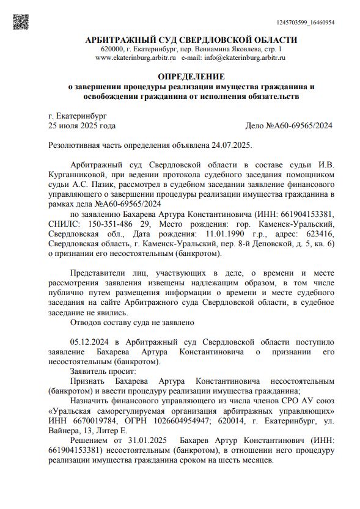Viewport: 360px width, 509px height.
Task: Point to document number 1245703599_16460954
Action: pyautogui.click(x=306, y=23)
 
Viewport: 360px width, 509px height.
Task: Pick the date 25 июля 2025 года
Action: pyautogui.click(x=81, y=126)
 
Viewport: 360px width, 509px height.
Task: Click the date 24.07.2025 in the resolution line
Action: pyautogui.click(x=230, y=145)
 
